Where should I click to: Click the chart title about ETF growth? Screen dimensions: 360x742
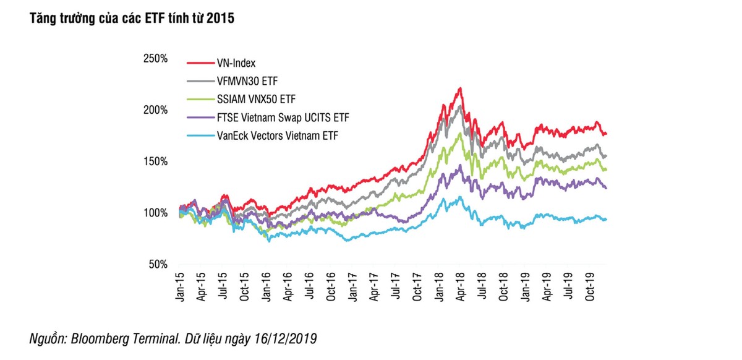[129, 19]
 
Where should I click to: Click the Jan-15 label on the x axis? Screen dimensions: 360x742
[179, 286]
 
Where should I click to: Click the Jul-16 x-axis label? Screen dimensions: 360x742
[309, 286]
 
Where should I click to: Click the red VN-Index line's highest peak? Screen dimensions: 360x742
[460, 88]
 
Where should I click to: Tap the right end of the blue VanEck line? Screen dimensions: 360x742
[606, 219]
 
